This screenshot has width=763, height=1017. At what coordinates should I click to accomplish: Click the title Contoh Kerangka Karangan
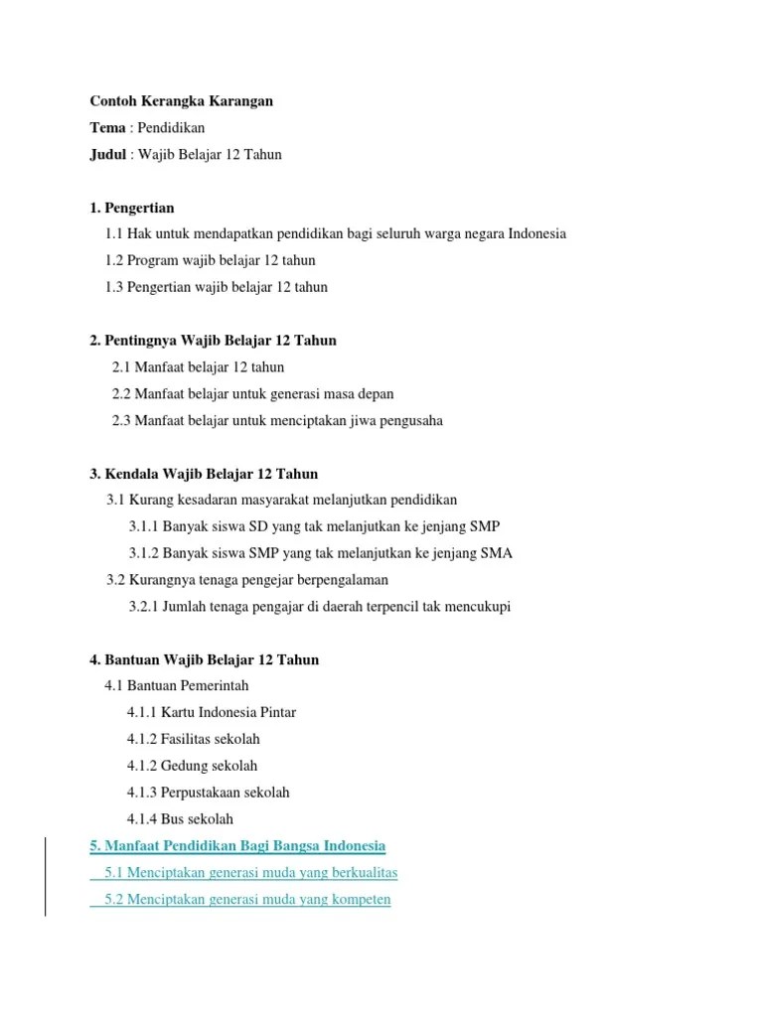(x=181, y=101)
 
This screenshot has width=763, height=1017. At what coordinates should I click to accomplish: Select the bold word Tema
(x=108, y=128)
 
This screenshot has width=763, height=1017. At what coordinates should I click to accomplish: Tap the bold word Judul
(x=108, y=155)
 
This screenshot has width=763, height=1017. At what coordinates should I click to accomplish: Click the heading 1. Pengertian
(x=132, y=208)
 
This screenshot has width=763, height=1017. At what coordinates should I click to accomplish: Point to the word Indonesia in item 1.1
(x=536, y=233)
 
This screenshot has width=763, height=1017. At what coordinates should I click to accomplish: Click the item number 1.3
(x=115, y=287)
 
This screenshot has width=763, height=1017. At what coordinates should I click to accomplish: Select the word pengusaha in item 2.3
(x=406, y=420)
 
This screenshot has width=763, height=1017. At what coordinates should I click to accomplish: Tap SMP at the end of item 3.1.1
(x=484, y=526)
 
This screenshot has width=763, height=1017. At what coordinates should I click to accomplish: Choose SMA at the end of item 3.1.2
(x=496, y=553)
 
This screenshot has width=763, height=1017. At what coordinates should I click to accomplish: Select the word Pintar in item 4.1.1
(x=277, y=712)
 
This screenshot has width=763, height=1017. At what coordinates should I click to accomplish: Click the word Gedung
(x=185, y=766)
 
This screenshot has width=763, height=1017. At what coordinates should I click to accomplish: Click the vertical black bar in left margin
(x=46, y=874)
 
